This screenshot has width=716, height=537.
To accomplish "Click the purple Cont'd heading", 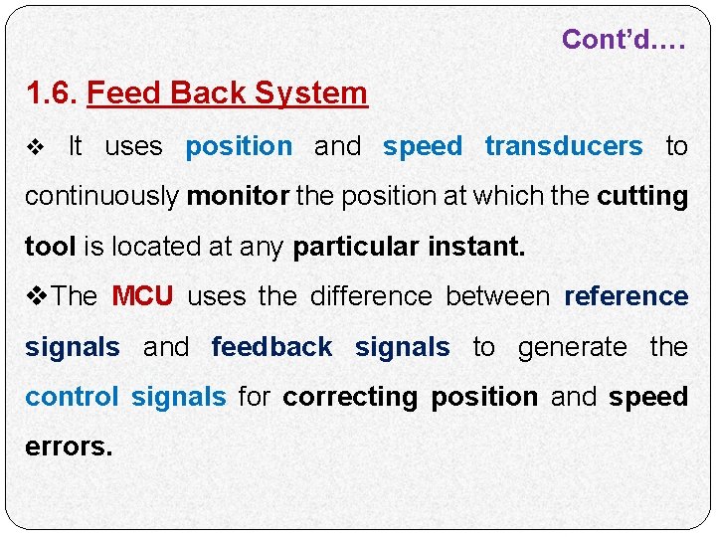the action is point(624,40).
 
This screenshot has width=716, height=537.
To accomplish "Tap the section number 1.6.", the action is point(52,93).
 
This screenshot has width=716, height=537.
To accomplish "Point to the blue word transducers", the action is point(563,146).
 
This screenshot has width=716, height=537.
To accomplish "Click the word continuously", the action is point(101,197).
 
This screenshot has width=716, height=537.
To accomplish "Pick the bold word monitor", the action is point(238,197).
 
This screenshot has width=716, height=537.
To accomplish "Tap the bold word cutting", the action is point(642,197).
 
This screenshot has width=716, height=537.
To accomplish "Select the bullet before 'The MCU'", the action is point(37,296).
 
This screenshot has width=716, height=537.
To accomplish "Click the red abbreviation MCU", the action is point(142,296).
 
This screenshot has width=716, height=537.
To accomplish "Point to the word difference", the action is point(371,296).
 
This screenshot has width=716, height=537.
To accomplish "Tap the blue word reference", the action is point(626,296).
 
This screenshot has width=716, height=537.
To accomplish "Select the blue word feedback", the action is point(271,347).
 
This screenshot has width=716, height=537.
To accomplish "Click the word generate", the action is point(573,347).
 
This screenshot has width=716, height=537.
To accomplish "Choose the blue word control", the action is point(72,397).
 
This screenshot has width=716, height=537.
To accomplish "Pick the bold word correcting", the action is point(351,398).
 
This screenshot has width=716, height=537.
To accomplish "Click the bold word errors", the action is point(69,447).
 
